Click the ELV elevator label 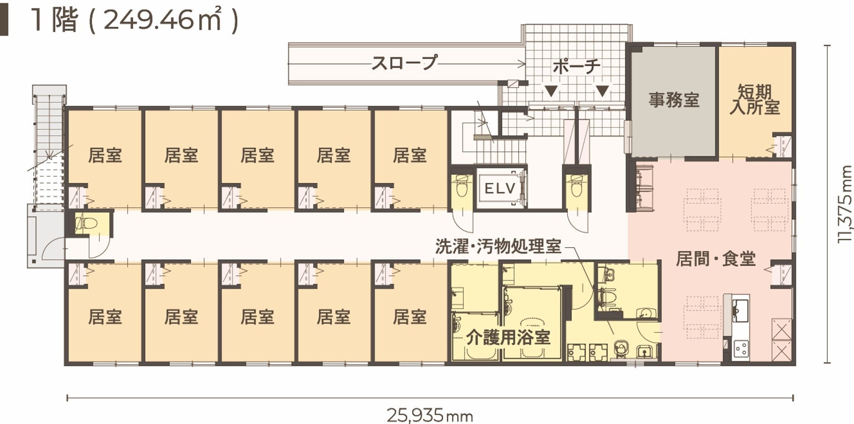point(500,189)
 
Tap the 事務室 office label point(674,100)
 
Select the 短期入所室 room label point(755,99)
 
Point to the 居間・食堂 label point(716,259)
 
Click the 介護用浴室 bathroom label point(508,337)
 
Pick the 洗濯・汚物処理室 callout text point(498,246)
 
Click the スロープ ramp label point(404,63)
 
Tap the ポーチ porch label point(576,67)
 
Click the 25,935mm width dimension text point(430,416)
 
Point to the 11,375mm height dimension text point(845,204)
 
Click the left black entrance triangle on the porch point(552,91)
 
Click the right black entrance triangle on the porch point(602,91)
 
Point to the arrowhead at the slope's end point(521,63)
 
